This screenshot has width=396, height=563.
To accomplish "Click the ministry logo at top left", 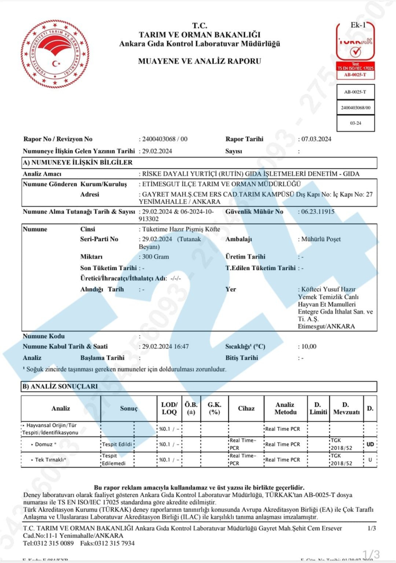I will click(54, 51).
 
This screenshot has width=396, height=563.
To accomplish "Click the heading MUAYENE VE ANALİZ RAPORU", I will click(200, 61).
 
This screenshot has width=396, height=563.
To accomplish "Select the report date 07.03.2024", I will click(316, 140).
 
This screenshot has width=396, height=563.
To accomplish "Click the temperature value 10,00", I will click(308, 347).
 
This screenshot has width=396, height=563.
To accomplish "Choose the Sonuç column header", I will click(128, 408).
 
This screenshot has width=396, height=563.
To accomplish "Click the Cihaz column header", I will click(246, 408).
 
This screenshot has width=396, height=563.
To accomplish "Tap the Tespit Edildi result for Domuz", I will click(117, 444).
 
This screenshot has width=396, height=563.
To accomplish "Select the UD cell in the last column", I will click(370, 444).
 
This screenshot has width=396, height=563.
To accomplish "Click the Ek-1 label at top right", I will click(357, 25).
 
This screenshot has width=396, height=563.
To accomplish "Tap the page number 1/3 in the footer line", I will click(372, 528).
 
